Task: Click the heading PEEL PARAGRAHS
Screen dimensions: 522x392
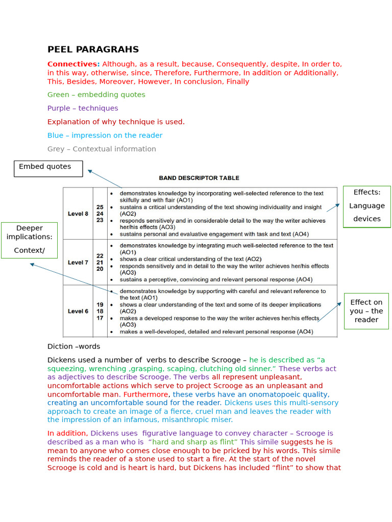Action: click(x=93, y=49)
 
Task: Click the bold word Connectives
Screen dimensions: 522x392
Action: click(x=73, y=64)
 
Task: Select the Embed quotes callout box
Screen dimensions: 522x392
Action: click(x=48, y=168)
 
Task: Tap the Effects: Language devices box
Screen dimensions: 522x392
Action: click(x=366, y=206)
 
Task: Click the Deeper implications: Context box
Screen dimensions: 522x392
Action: click(x=29, y=240)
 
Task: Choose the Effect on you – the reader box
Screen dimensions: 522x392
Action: click(x=366, y=311)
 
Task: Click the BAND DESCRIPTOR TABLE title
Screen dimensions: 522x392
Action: click(x=199, y=178)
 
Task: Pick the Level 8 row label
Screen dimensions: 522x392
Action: click(x=78, y=214)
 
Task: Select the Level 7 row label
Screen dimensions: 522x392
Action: click(x=78, y=263)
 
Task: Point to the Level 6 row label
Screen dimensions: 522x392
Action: click(x=78, y=311)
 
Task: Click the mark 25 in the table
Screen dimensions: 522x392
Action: click(x=100, y=207)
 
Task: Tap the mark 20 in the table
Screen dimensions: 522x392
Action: click(x=100, y=269)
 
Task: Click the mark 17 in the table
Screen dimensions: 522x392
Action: click(x=100, y=318)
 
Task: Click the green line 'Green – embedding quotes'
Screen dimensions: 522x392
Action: click(x=96, y=95)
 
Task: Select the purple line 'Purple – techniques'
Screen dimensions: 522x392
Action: click(x=83, y=108)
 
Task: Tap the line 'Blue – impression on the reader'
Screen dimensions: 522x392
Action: click(x=105, y=136)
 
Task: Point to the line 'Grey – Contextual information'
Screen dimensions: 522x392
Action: click(x=102, y=149)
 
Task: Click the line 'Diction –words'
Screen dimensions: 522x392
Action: click(x=73, y=347)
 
